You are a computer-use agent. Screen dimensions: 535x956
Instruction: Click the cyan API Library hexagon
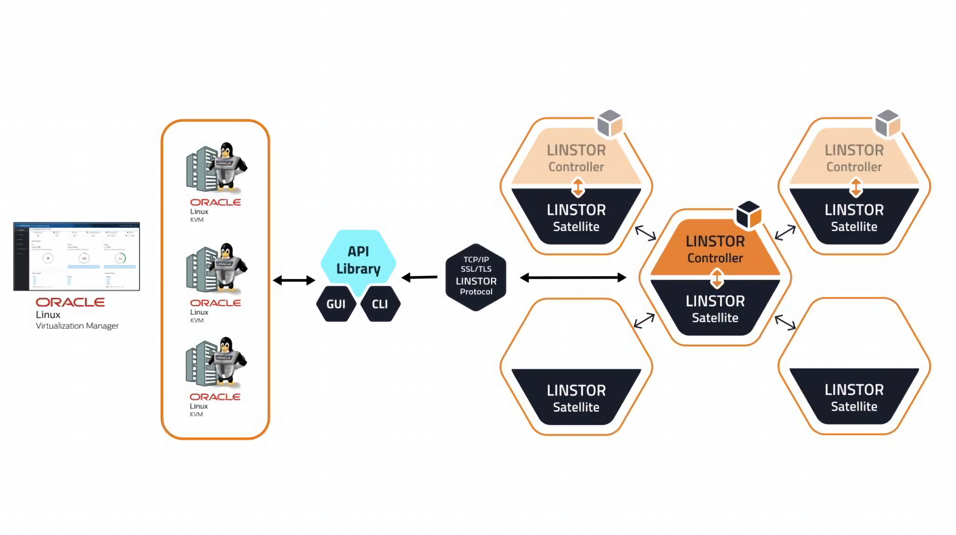pyautogui.click(x=358, y=260)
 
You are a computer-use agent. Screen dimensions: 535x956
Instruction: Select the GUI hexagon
pyautogui.click(x=336, y=304)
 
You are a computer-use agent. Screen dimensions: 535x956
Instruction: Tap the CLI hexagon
pyautogui.click(x=380, y=304)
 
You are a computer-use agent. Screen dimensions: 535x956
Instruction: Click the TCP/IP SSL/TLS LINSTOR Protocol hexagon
pyautogui.click(x=476, y=276)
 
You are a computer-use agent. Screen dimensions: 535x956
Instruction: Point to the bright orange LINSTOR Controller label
pyautogui.click(x=715, y=249)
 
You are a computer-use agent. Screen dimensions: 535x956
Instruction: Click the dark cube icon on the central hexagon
pyautogui.click(x=748, y=214)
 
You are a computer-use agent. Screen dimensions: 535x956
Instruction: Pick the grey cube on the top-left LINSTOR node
pyautogui.click(x=610, y=123)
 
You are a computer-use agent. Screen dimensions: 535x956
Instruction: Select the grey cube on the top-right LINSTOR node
pyautogui.click(x=887, y=123)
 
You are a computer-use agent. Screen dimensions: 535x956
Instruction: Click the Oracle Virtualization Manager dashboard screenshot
pyautogui.click(x=77, y=256)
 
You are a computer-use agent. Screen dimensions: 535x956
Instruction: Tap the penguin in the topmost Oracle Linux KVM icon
pyautogui.click(x=227, y=163)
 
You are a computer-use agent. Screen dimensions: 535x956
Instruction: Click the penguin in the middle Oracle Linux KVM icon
pyautogui.click(x=227, y=264)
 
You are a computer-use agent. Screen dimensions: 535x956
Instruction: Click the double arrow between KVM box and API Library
pyautogui.click(x=294, y=280)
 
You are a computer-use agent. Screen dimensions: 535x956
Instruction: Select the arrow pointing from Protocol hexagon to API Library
pyautogui.click(x=419, y=277)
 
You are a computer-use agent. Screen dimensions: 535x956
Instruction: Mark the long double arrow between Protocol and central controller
pyautogui.click(x=573, y=277)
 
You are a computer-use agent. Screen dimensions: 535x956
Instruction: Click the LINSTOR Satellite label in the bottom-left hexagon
pyautogui.click(x=576, y=398)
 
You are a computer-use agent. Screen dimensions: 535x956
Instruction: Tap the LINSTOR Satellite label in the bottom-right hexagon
pyautogui.click(x=854, y=397)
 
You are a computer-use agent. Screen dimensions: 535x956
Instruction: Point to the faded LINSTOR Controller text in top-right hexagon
pyautogui.click(x=854, y=158)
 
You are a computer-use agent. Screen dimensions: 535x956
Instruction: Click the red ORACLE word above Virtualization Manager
pyautogui.click(x=70, y=302)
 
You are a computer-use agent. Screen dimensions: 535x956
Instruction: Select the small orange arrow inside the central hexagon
pyautogui.click(x=717, y=279)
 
